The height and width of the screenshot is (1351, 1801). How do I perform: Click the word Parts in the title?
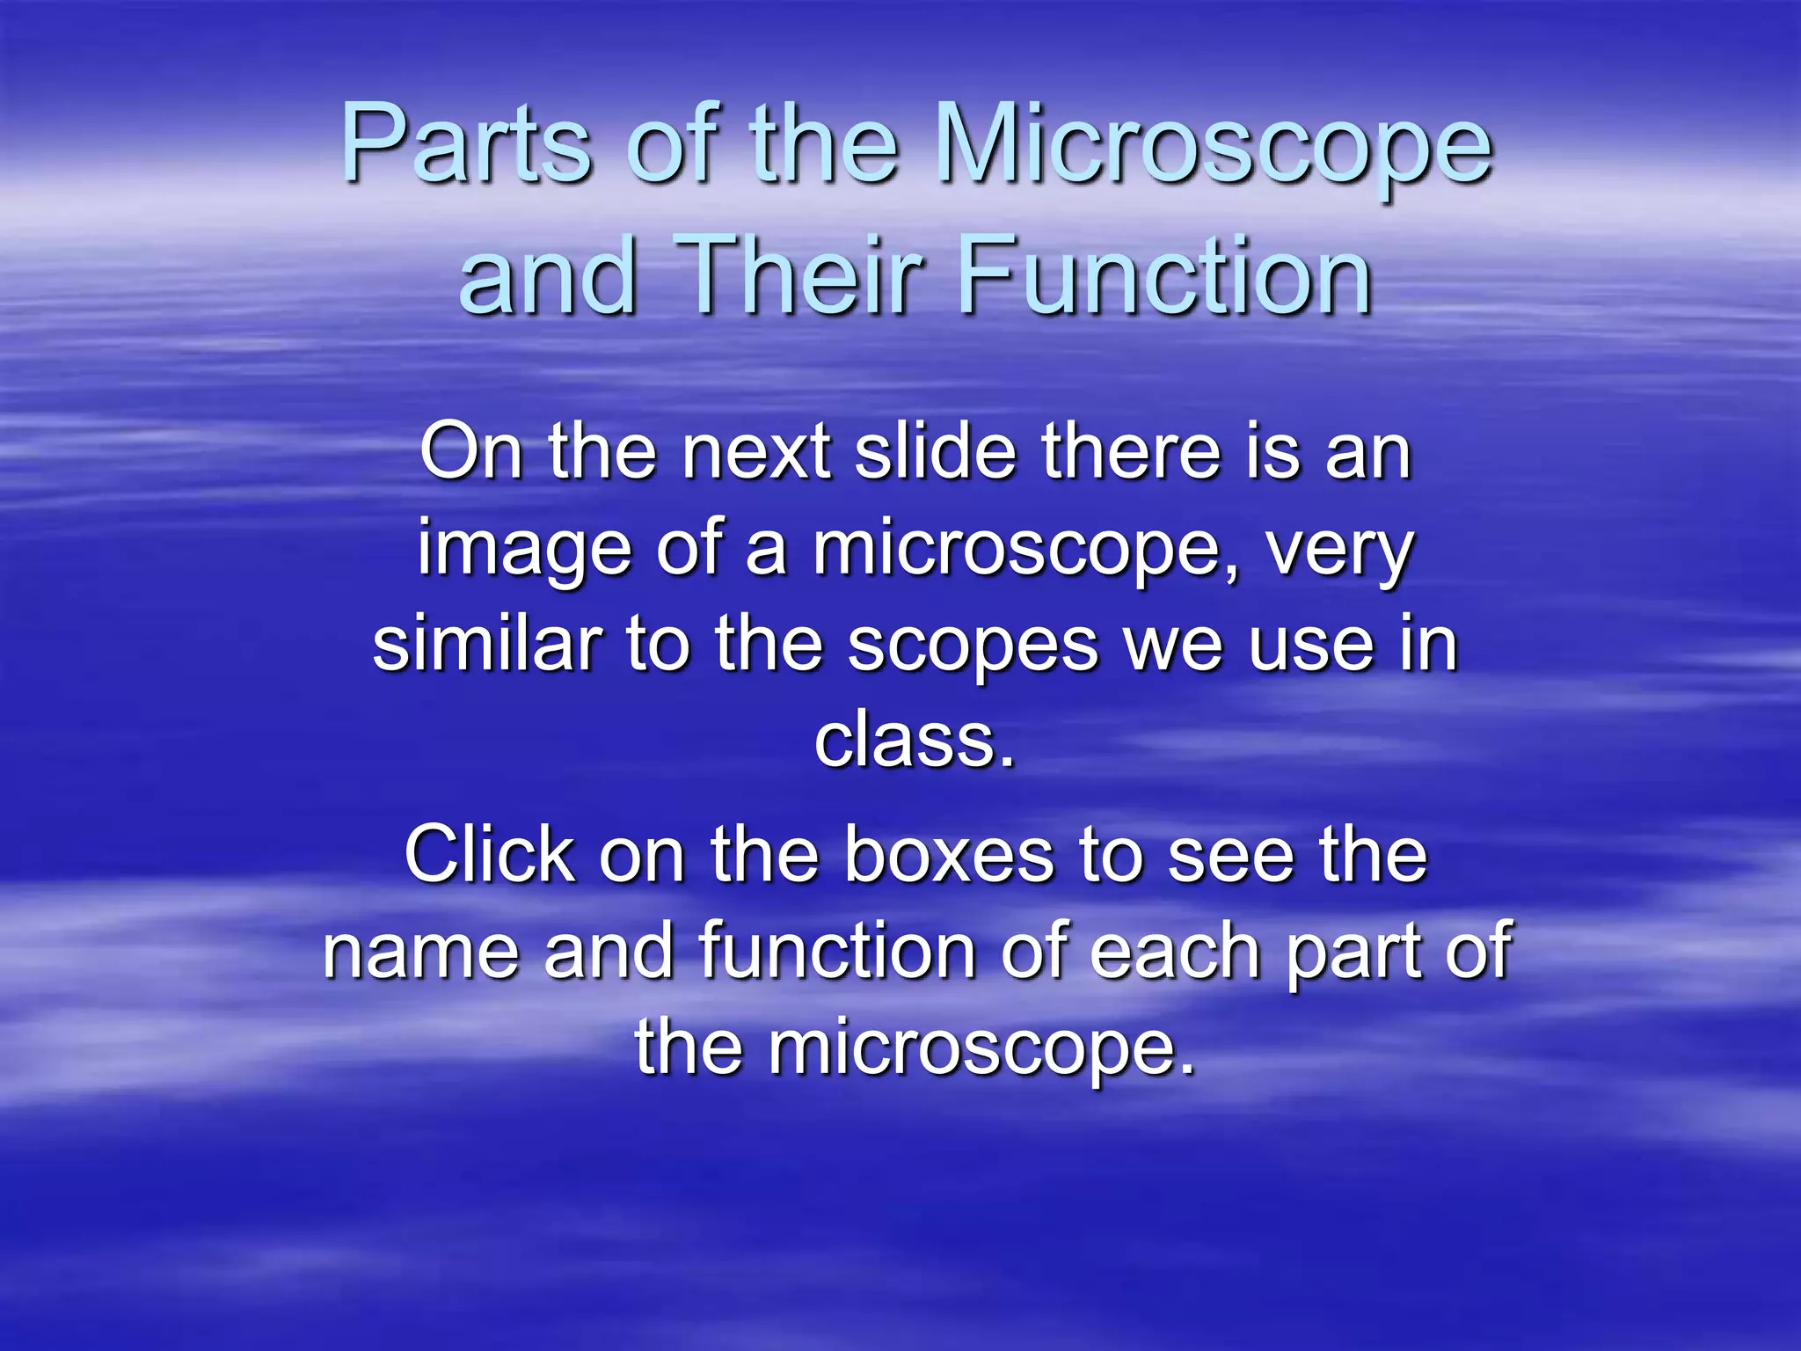466,143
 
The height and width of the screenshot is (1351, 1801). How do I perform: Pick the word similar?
487,645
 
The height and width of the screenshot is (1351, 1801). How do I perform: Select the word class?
915,741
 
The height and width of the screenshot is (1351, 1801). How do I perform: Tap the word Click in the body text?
489,855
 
